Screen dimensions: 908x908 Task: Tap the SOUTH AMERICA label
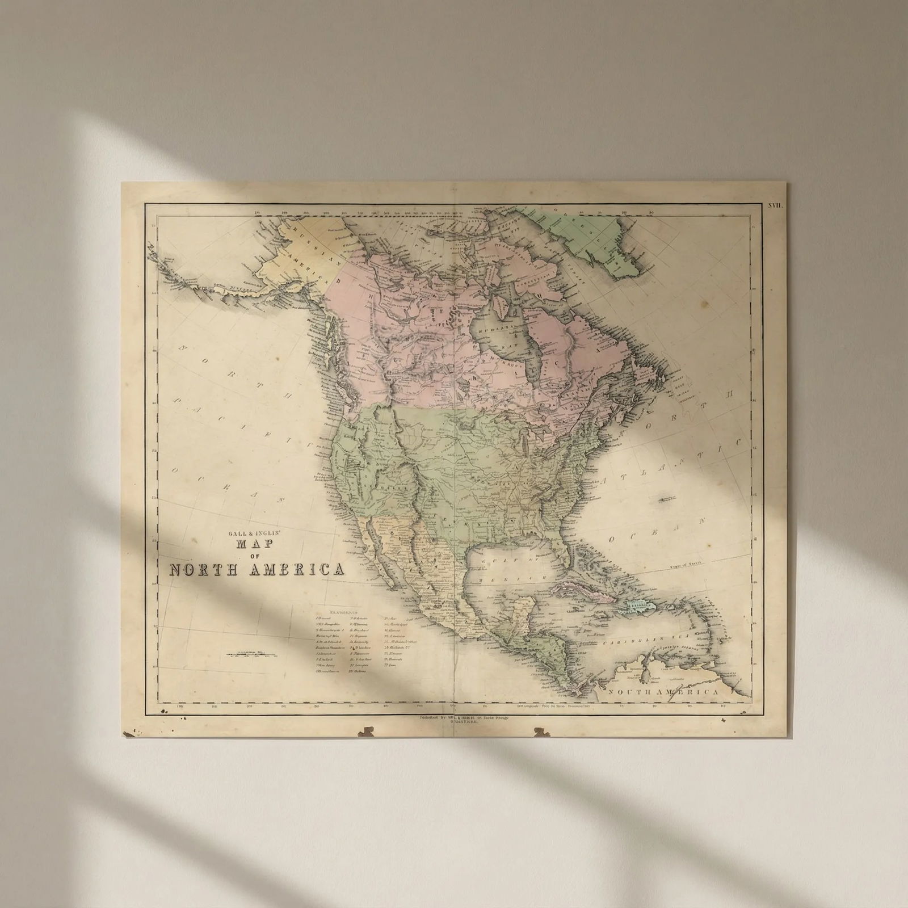click(x=663, y=692)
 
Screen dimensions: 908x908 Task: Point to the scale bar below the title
click(x=254, y=655)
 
